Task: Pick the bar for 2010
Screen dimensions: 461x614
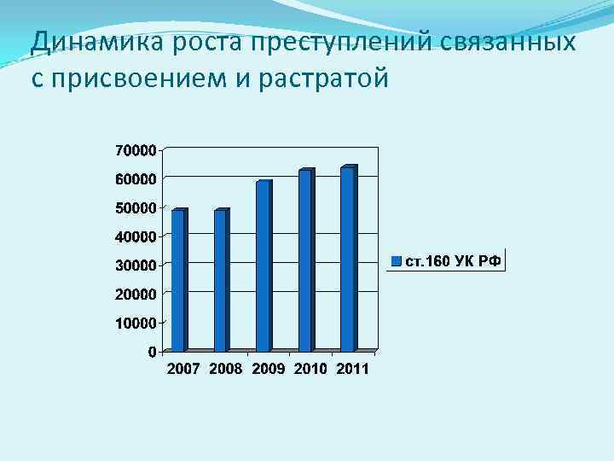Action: [306, 260]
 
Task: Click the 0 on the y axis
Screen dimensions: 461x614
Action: [151, 352]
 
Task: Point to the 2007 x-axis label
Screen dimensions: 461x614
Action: [182, 369]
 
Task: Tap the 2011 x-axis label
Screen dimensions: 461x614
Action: [352, 369]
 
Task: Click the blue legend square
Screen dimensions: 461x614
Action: [396, 260]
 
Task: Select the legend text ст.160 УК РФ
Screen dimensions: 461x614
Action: [451, 260]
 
